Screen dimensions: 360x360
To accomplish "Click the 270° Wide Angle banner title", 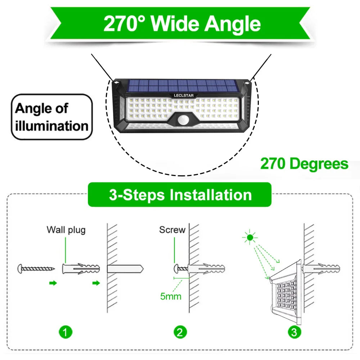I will pos(182,24).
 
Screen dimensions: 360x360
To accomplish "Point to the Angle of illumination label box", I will pos(52,117).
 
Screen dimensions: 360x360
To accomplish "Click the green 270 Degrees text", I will pos(304,164).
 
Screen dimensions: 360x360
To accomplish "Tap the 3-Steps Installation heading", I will pos(180,195).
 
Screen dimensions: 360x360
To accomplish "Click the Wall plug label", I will pos(66,230).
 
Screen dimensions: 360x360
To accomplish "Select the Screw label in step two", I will pos(172,230).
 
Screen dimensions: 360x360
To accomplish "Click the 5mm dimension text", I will pos(171,297).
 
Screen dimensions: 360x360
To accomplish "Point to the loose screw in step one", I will pos(36,268).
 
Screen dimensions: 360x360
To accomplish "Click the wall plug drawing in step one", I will pos(81,269).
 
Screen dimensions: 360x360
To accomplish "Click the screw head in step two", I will pos(177,269).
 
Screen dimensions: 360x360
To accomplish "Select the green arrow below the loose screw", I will pos(53,283).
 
